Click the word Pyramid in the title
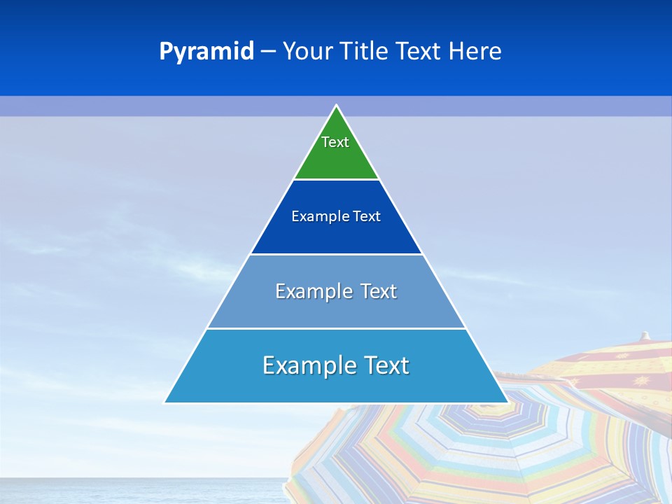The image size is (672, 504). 206,52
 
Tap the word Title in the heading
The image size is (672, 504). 366,52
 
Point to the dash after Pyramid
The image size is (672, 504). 268,52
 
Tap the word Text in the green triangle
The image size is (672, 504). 335,142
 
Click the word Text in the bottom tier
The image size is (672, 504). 384,365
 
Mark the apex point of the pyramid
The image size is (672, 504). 337,106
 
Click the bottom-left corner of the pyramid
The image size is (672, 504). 165,402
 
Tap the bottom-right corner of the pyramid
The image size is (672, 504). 507,402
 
